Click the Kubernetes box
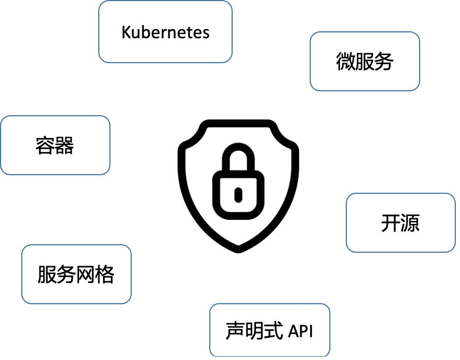[x=165, y=32]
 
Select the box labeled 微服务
[x=365, y=61]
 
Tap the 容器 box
[x=55, y=145]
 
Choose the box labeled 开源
[x=401, y=222]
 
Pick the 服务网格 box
[x=76, y=274]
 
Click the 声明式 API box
[x=269, y=330]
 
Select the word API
[x=301, y=331]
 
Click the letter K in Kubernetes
[x=126, y=32]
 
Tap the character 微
[x=346, y=62]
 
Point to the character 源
[x=410, y=223]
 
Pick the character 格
[x=105, y=275]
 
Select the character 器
[x=64, y=145]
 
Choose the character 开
[x=390, y=223]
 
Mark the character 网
[x=86, y=275]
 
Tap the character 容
[x=45, y=145]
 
